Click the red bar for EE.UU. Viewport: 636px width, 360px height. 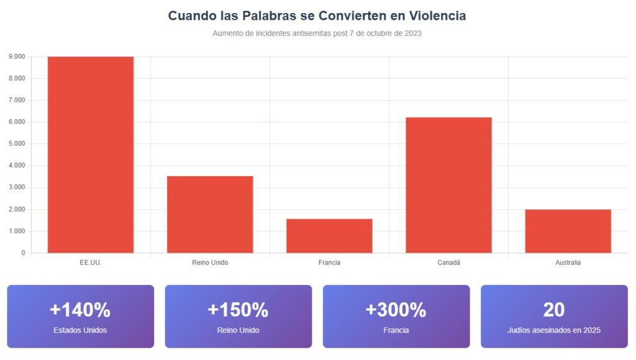click(x=91, y=155)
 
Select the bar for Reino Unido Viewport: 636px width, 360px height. click(x=210, y=214)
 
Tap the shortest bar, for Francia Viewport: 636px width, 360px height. click(x=329, y=236)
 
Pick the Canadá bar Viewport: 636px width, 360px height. click(x=448, y=185)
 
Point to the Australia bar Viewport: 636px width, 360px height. click(x=568, y=231)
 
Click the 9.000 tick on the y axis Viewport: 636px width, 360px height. click(x=17, y=56)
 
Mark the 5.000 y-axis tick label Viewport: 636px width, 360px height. click(x=17, y=144)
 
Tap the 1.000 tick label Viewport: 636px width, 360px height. click(x=17, y=232)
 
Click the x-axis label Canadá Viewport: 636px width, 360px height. click(x=448, y=263)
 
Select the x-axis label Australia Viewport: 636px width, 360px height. click(x=568, y=263)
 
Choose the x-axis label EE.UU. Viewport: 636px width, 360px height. click(x=91, y=263)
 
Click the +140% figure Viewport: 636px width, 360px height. click(x=80, y=309)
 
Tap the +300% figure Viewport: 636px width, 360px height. click(x=396, y=309)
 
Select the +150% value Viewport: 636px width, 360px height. click(x=238, y=309)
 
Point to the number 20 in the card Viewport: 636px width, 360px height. click(x=553, y=309)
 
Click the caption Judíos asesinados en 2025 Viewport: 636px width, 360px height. click(x=553, y=330)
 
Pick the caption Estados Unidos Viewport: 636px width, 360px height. click(x=80, y=330)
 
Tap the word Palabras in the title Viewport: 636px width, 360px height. click(x=256, y=16)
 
